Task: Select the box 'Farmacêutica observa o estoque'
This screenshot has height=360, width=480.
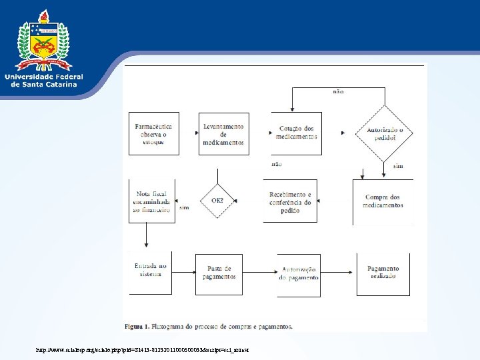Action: click(154, 134)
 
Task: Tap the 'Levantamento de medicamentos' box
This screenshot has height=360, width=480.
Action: click(224, 134)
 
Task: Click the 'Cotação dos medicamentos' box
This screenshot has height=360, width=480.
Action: click(297, 133)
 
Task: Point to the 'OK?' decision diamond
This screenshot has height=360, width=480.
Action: click(217, 200)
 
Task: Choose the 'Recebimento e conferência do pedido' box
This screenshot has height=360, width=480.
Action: click(290, 202)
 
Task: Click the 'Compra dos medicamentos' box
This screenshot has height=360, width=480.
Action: click(383, 201)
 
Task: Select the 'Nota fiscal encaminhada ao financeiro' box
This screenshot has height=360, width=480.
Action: click(152, 201)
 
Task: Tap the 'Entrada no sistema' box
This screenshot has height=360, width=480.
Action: click(151, 270)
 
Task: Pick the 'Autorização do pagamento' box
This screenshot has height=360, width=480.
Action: click(299, 273)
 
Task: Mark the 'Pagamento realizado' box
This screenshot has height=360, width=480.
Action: click(383, 273)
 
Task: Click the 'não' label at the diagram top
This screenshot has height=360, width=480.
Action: click(338, 92)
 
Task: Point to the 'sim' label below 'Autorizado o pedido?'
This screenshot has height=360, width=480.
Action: click(398, 165)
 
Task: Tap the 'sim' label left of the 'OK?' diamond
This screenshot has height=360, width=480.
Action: click(184, 207)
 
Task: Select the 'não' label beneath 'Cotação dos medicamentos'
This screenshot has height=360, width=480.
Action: click(277, 164)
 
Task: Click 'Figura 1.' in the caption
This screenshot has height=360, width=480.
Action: click(139, 327)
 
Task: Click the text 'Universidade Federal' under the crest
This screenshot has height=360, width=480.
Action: click(44, 77)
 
